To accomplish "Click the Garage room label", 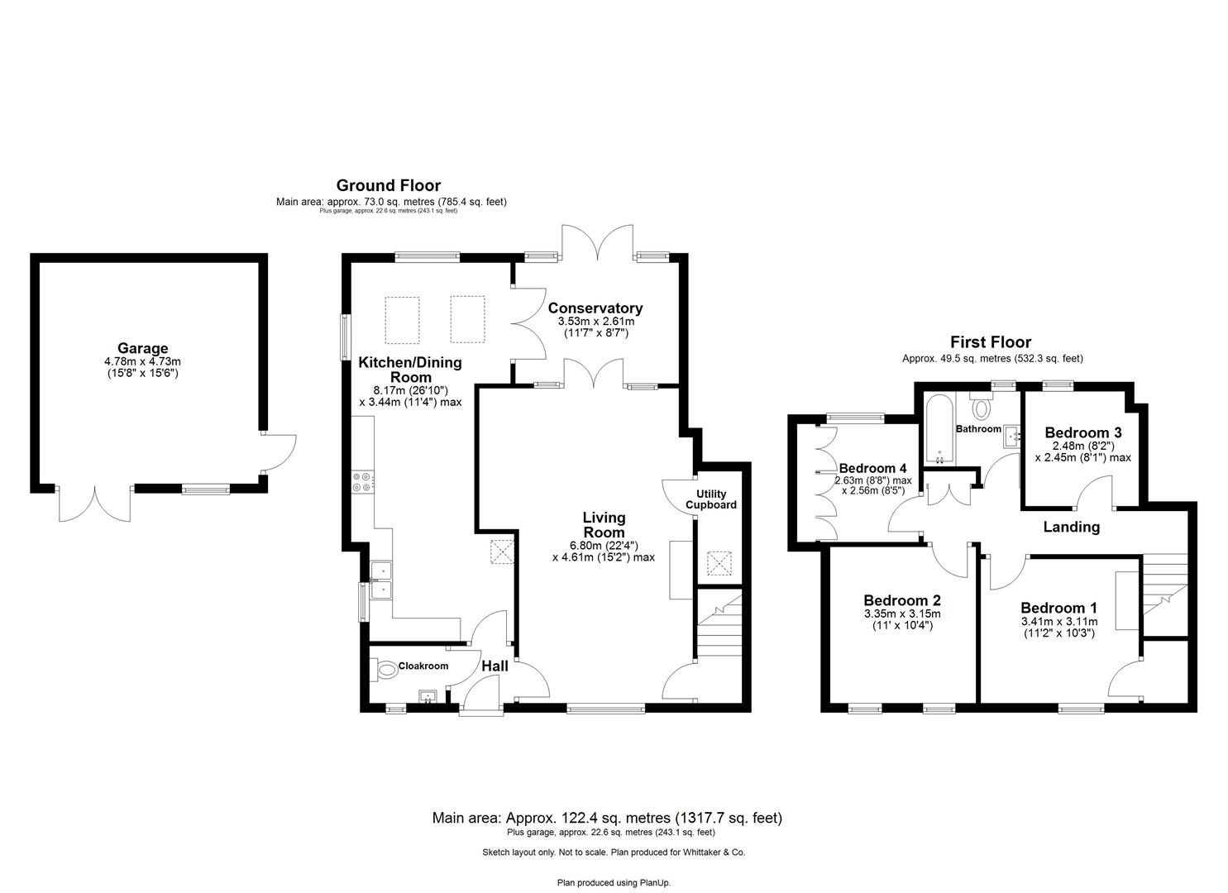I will [142, 348].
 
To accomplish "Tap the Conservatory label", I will [595, 308].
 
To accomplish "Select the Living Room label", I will [603, 524].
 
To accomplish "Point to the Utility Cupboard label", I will [710, 499].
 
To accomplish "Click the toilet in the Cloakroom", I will [385, 668].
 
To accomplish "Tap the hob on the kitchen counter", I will [362, 481].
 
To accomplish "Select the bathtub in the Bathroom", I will [940, 429].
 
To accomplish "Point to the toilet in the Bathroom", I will [982, 406].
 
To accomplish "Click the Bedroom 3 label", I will [1082, 432].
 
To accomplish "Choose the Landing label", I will [1071, 527].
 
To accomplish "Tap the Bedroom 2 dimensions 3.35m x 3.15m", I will [901, 614].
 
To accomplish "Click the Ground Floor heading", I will [388, 186].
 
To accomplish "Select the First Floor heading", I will [990, 342].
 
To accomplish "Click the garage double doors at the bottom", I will [95, 504].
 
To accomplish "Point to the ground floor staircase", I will [719, 628].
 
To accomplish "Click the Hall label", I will [495, 666].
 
